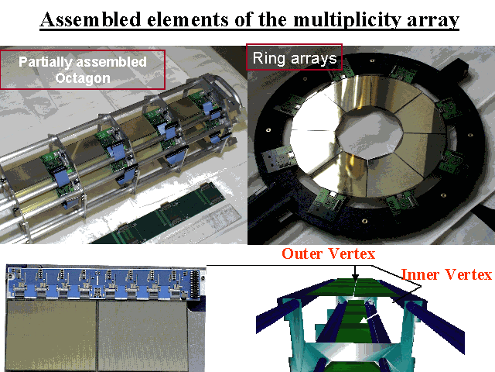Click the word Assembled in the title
pos(90,19)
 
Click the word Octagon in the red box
pos(83,78)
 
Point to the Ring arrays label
pos(295,59)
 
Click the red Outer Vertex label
pos(328,253)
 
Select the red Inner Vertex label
pos(446,274)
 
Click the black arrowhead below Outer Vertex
pos(356,277)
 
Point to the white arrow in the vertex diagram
pos(369,318)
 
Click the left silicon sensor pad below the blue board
pos(51,336)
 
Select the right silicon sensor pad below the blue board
pos(143,336)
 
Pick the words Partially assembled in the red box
pos(83,62)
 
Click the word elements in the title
pos(187,19)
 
